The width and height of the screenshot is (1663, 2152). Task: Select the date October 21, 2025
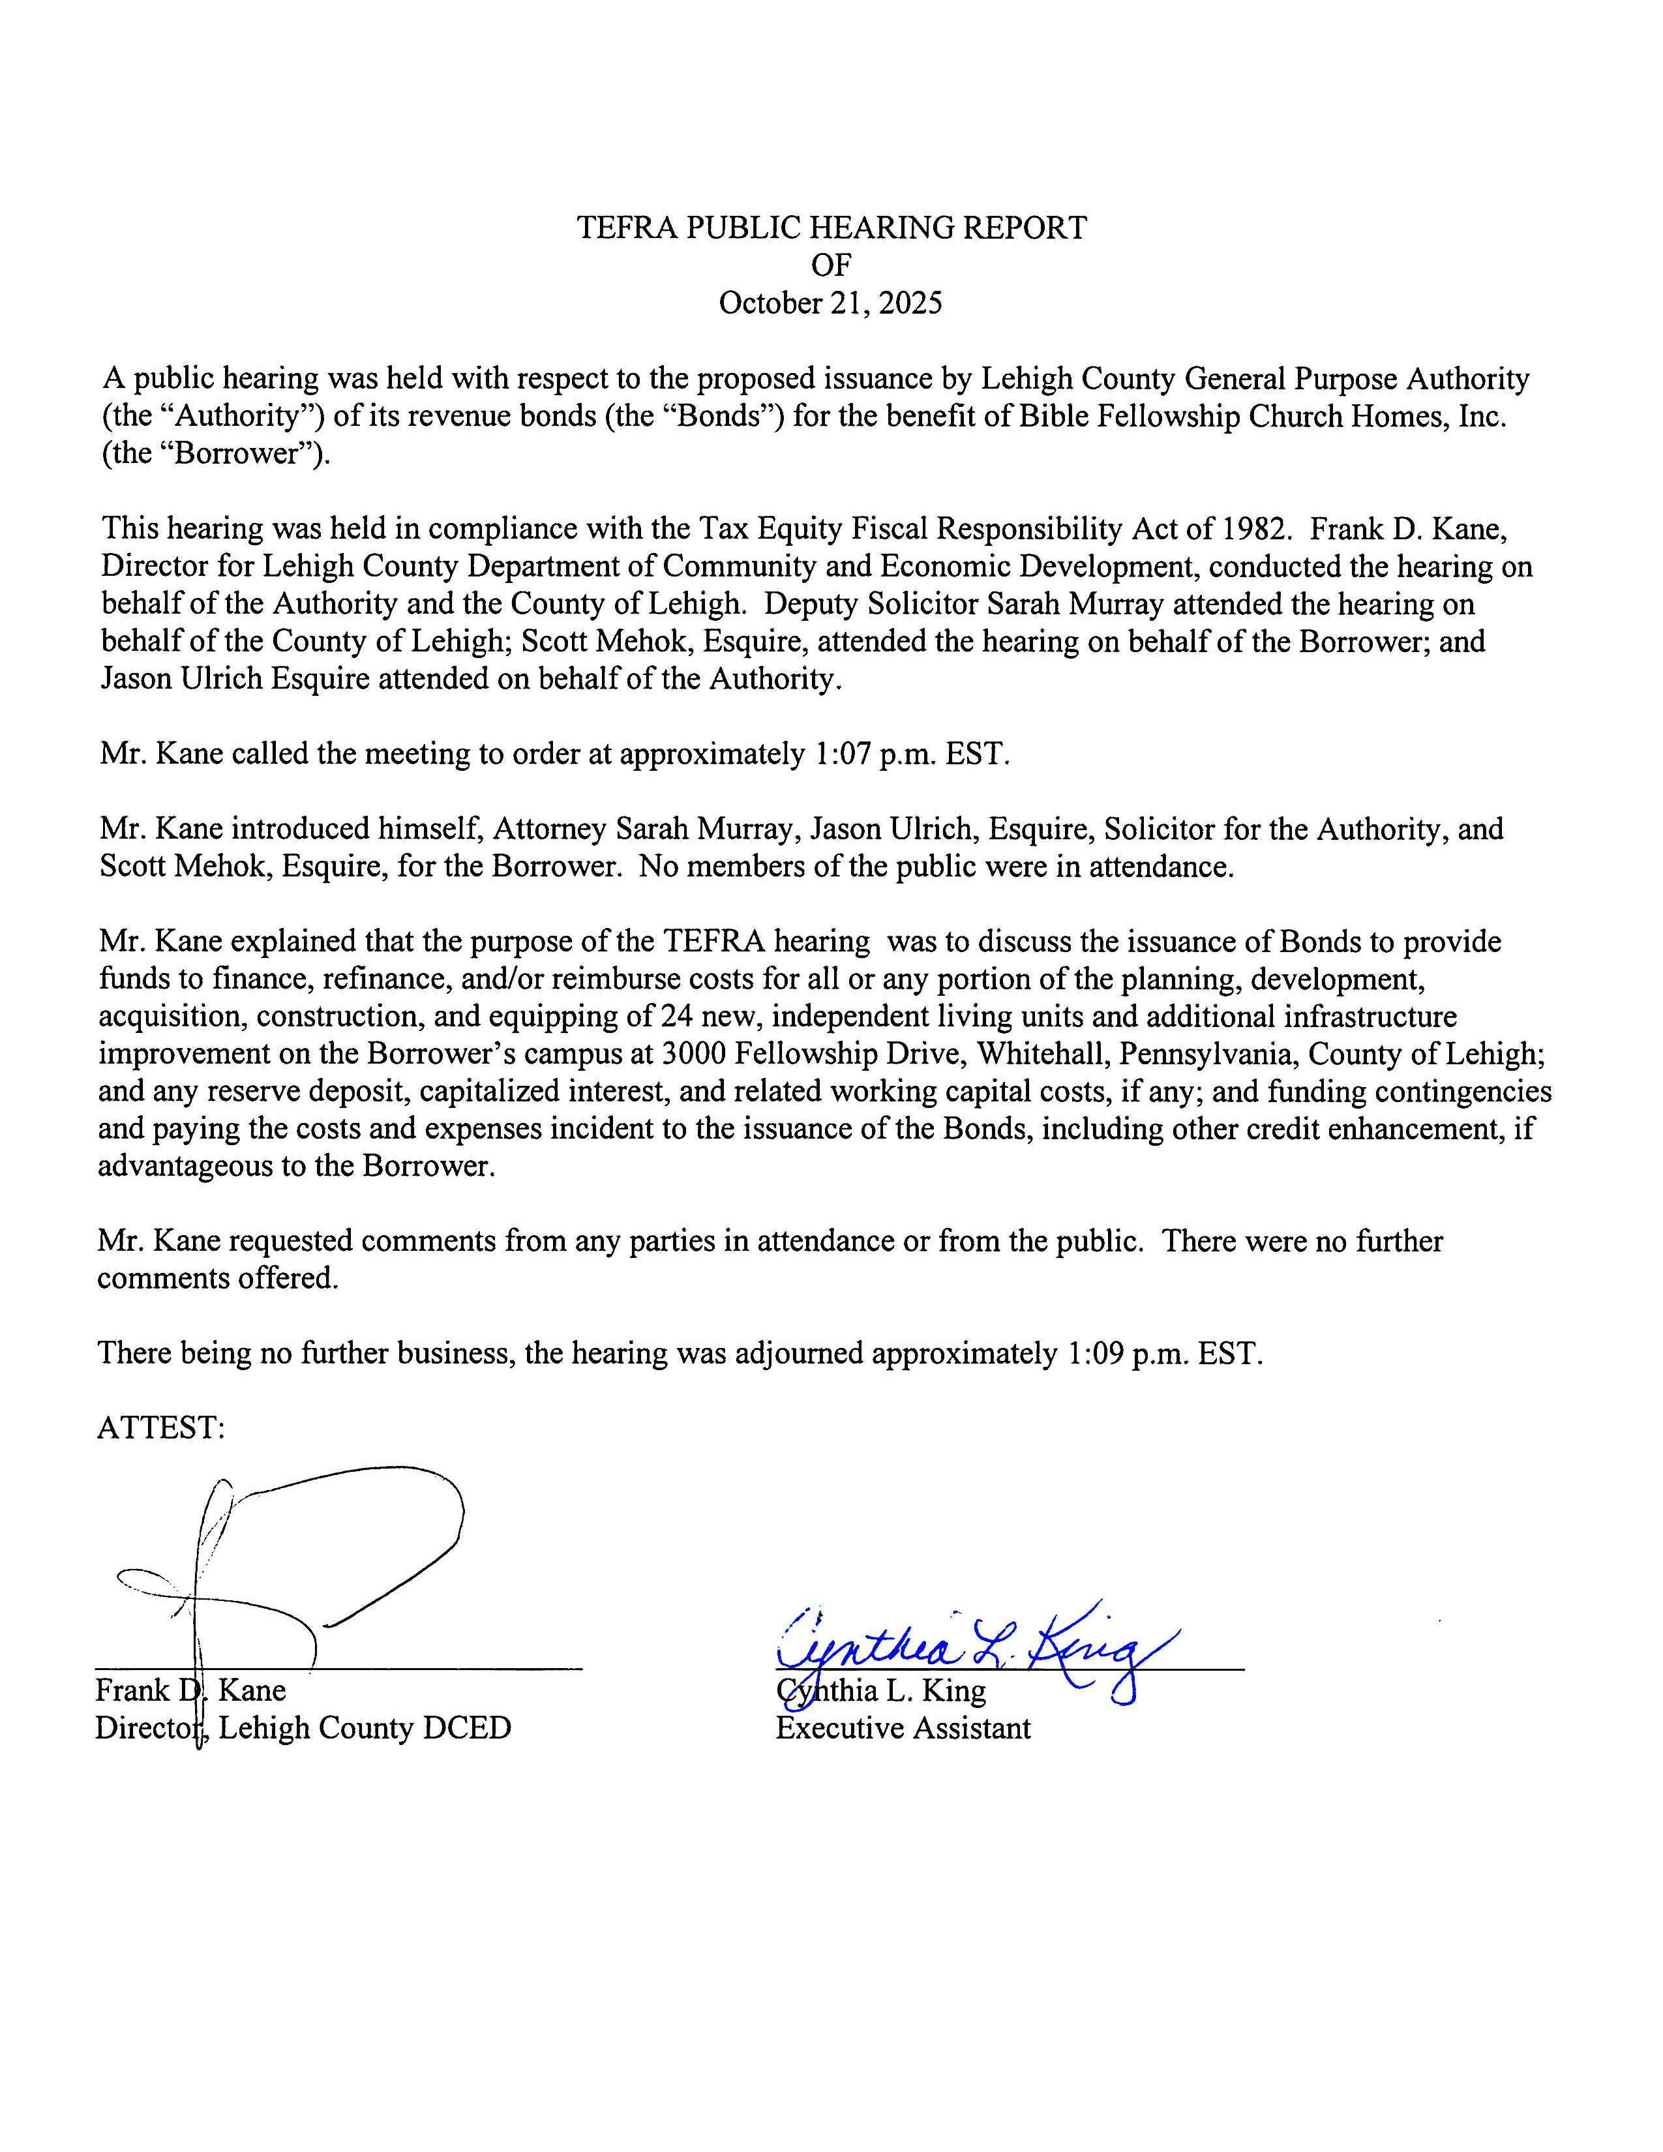[x=830, y=303]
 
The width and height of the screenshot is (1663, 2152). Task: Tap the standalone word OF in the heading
[x=830, y=265]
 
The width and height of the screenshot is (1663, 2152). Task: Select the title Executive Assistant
[x=903, y=1727]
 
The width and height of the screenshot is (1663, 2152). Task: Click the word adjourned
[x=798, y=1353]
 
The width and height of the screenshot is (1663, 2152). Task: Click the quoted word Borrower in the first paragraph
[x=237, y=455]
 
